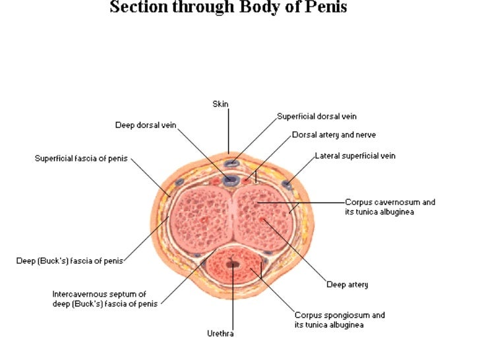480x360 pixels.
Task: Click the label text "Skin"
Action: [x=220, y=104]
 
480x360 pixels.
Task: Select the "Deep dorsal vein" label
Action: [x=146, y=125]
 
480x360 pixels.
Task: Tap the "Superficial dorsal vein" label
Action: [x=316, y=117]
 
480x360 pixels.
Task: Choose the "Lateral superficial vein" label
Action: [x=355, y=156]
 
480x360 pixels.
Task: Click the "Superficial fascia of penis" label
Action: [x=82, y=158]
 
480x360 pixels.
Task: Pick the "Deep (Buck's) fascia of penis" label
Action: [x=69, y=261]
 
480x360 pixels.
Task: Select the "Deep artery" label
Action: [x=347, y=285]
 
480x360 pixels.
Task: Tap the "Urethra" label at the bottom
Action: [x=220, y=334]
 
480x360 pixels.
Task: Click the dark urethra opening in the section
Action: [x=233, y=264]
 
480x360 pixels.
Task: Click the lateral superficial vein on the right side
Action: [x=286, y=185]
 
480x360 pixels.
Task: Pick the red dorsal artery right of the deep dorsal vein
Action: [x=247, y=178]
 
